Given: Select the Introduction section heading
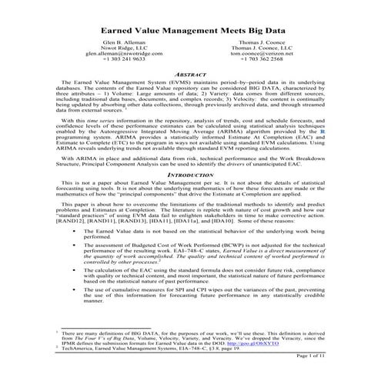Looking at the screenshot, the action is pos(189,196).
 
